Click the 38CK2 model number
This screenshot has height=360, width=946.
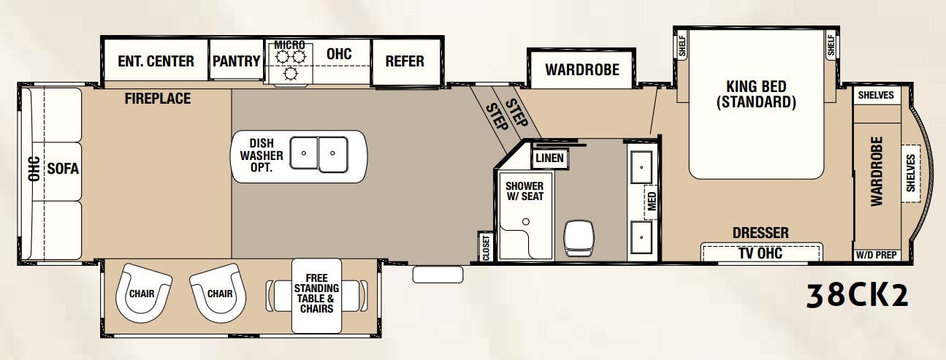858,295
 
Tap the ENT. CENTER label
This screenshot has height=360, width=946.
156,61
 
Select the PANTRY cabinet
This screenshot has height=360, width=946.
236,61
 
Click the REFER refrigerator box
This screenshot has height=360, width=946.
405,61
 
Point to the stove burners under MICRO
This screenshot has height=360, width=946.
289,63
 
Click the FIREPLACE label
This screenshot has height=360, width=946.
157,98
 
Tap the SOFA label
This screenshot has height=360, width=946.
63,169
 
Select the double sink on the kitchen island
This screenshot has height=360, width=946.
319,153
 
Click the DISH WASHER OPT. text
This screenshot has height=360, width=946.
261,156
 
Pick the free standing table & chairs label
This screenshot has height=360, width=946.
316,293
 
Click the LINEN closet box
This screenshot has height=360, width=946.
549,158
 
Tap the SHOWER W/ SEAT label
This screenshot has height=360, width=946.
525,191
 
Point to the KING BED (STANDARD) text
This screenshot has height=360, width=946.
755,93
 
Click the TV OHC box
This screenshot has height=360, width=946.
760,253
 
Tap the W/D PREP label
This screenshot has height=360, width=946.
877,256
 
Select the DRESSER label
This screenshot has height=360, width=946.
760,233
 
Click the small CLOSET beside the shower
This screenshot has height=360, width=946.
484,247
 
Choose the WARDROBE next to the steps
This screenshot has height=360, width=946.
581,70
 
